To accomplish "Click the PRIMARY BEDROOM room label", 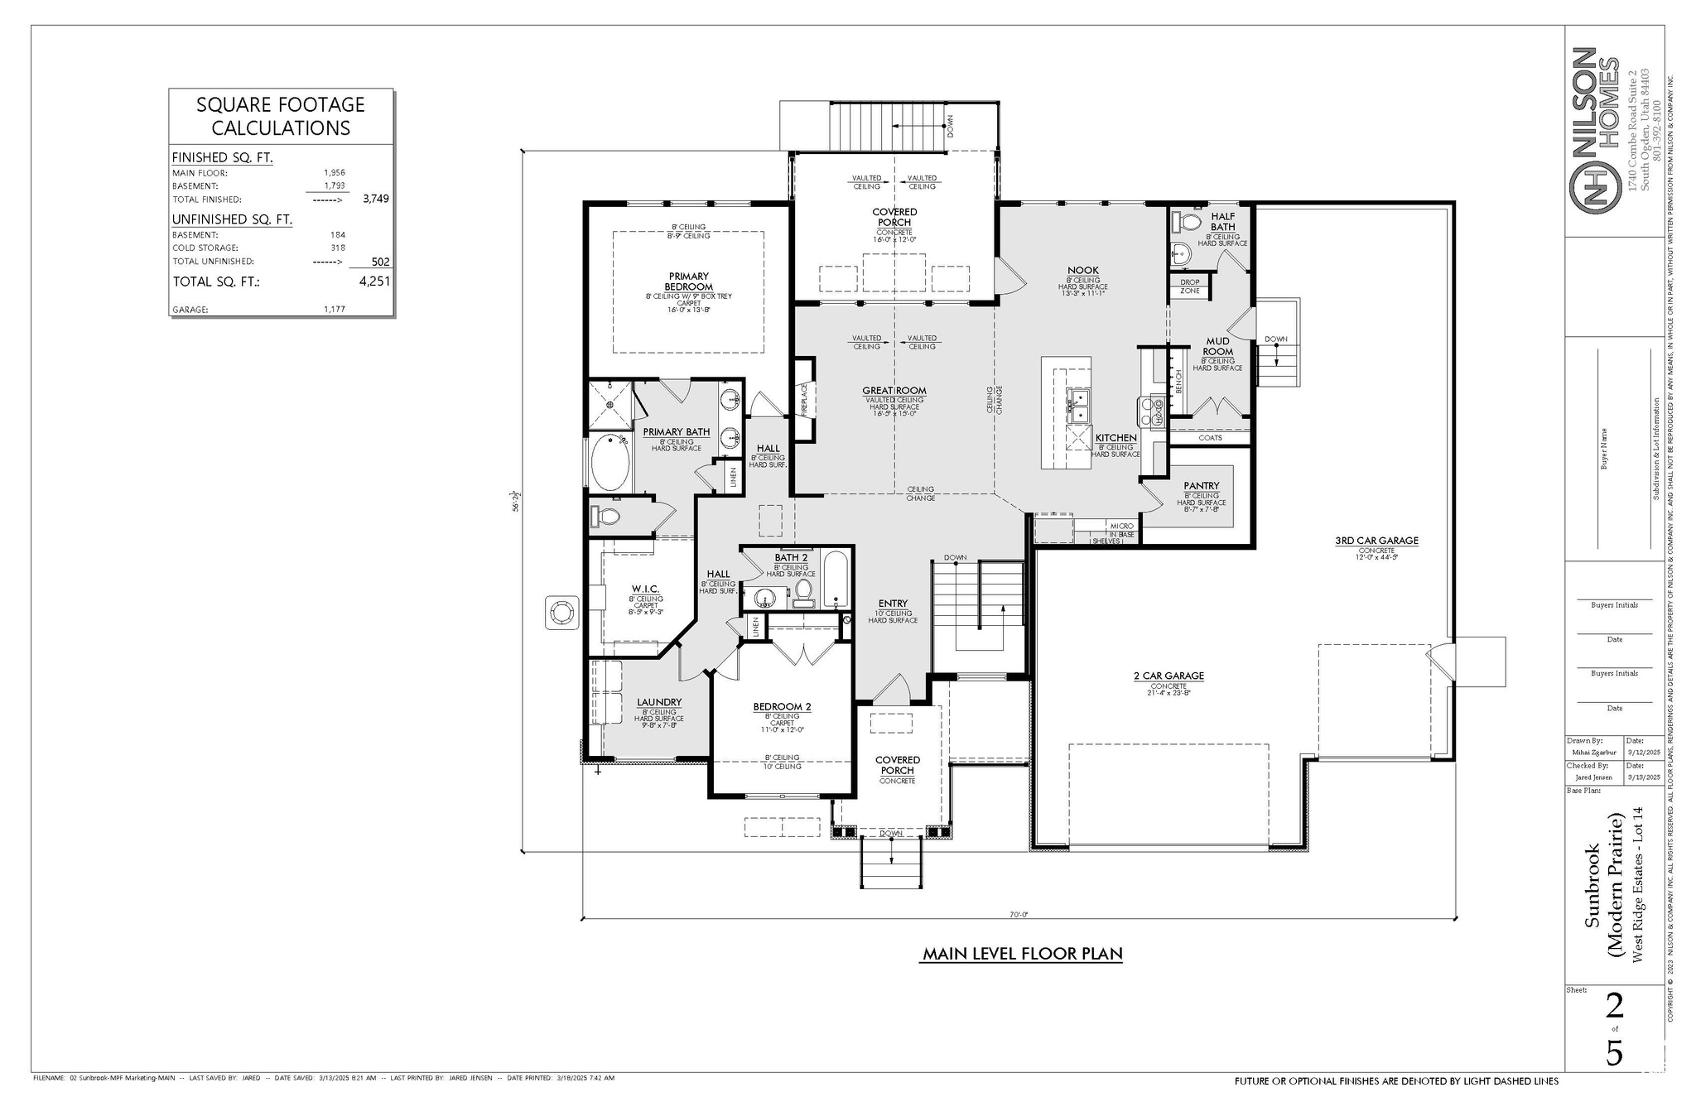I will coord(687,281).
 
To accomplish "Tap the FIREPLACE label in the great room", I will coord(803,400).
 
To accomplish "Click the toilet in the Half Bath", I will coord(1189,222).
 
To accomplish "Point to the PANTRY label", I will coord(1201,486).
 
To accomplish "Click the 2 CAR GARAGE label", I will coord(1168,676).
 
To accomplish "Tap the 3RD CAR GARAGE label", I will coord(1376,541).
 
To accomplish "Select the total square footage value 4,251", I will coord(374,281).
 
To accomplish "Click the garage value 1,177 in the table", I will coord(334,309).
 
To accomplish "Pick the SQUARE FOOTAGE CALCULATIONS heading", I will coord(281,116).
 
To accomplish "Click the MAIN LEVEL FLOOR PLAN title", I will coord(1023,954).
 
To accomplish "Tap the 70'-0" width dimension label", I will coord(1018,915).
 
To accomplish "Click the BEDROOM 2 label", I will coord(782,707).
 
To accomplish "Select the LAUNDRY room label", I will coord(659,702).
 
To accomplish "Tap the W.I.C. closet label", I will coord(645,589).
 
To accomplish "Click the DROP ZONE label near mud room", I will coord(1189,286).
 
